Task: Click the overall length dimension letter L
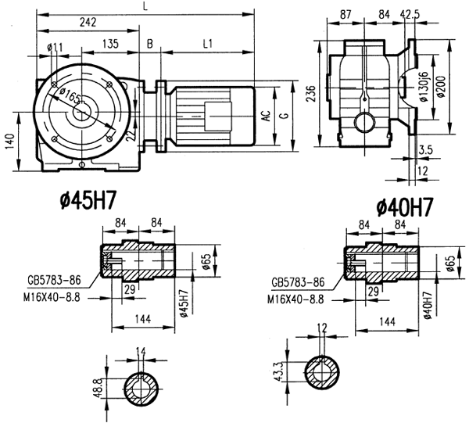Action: click(145, 6)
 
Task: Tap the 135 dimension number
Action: click(110, 45)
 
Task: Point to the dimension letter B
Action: click(150, 45)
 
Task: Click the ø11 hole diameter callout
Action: click(55, 48)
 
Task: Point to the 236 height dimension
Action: click(309, 91)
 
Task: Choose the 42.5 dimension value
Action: click(410, 14)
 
